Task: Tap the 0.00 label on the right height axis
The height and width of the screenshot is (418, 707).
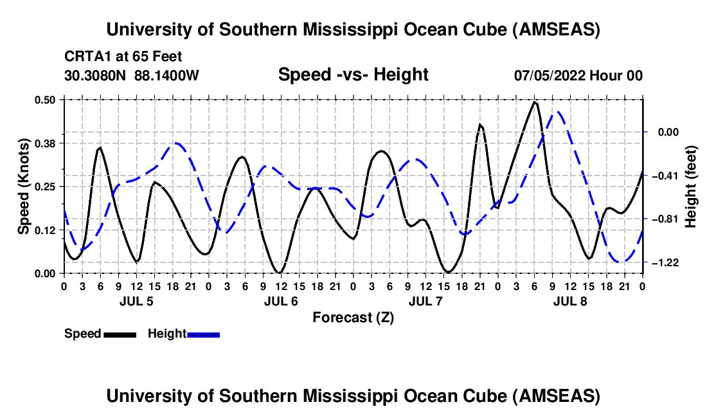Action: click(668, 132)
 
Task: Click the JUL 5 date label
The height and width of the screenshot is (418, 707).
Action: click(136, 301)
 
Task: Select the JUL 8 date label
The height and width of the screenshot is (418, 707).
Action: click(569, 301)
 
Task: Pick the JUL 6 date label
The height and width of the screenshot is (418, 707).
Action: click(280, 301)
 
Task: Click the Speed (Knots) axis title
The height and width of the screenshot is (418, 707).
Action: click(23, 186)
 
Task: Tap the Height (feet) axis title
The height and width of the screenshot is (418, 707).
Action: click(691, 186)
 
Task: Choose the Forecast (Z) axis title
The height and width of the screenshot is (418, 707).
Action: click(353, 317)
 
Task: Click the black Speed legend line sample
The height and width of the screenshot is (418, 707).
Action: click(120, 334)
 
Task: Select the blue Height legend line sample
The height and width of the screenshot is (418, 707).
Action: click(203, 334)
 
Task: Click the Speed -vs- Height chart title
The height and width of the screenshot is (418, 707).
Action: click(353, 75)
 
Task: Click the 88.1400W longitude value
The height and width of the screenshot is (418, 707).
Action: click(167, 75)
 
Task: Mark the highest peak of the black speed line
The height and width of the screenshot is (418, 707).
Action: click(535, 102)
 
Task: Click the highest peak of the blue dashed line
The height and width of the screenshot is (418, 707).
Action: click(559, 112)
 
